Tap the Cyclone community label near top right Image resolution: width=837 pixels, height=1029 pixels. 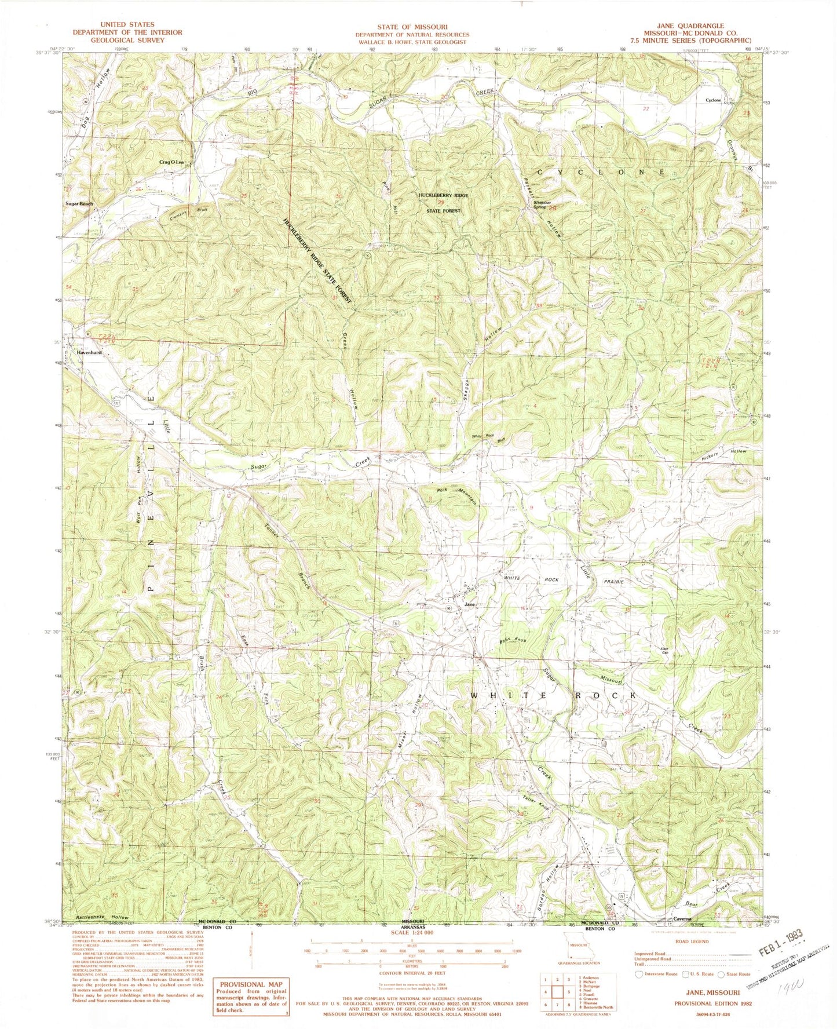713,100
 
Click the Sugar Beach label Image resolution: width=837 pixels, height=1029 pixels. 79,204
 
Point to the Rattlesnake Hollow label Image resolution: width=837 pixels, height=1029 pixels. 102,934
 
